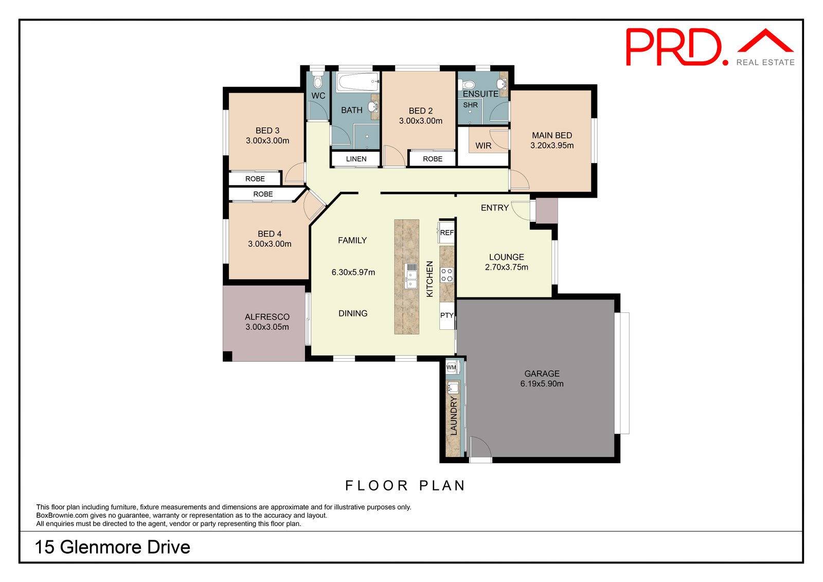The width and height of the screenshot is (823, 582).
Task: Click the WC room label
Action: (318, 96)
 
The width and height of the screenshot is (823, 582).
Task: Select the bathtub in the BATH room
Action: (357, 82)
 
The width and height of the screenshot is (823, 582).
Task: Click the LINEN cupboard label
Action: (356, 159)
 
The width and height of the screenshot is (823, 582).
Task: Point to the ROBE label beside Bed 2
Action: (433, 159)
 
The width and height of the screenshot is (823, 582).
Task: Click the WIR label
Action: (484, 146)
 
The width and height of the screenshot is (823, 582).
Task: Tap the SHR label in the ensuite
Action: (470, 105)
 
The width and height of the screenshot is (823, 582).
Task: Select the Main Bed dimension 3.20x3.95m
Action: (552, 146)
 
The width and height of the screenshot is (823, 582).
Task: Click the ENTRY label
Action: (495, 208)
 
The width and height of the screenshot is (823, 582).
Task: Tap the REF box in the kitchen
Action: (446, 233)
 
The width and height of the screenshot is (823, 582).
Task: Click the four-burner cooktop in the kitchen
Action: (447, 275)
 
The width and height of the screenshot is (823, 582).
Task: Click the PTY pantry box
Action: (446, 315)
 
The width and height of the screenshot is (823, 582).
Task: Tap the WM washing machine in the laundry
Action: (452, 367)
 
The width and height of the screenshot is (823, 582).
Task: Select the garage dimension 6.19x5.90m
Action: (542, 384)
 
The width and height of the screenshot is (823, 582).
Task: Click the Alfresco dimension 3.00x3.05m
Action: (267, 327)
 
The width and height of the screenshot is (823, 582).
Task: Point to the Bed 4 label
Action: (270, 234)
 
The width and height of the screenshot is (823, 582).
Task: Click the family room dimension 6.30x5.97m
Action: (353, 272)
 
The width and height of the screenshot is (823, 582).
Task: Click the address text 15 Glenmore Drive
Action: (113, 547)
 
